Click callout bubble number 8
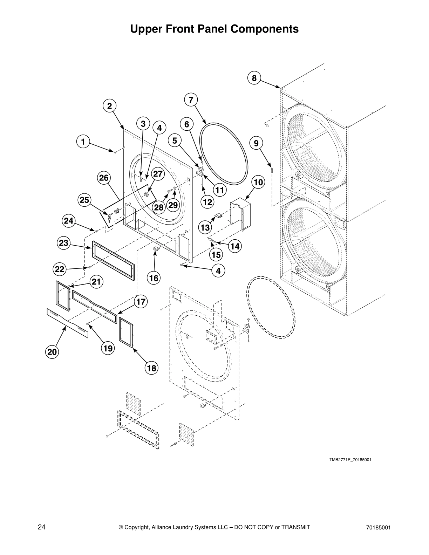[254, 78]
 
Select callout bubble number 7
[191, 100]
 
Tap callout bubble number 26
[104, 178]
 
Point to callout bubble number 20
[52, 352]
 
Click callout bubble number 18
[152, 368]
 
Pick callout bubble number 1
[83, 142]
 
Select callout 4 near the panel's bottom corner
[218, 270]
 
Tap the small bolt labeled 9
[272, 171]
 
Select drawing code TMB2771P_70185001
[350, 460]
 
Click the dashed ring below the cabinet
[271, 307]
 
